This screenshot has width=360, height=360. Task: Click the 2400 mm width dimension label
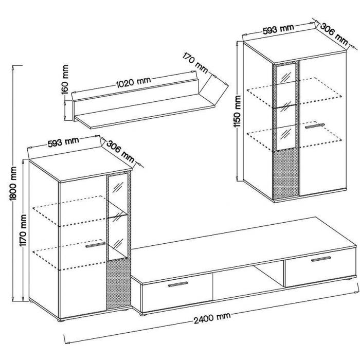point(212,318)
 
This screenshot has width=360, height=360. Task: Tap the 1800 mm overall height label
point(13,184)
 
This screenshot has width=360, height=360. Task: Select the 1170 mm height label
point(23,230)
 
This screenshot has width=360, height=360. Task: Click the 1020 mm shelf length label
point(133,82)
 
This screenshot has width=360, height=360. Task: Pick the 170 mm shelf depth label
point(195,63)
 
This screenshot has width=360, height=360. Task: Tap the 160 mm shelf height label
point(65,79)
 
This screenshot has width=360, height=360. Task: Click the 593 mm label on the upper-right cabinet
point(278,29)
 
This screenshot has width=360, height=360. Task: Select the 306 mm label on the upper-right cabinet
point(334,34)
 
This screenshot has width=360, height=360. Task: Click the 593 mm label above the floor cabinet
point(63,142)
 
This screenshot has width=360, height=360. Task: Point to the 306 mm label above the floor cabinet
point(120,152)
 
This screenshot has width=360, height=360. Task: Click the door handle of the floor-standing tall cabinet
point(95,245)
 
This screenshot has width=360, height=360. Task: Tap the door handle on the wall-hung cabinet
point(315,126)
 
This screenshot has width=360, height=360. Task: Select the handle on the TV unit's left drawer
point(178,284)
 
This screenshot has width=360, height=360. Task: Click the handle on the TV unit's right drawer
point(321,259)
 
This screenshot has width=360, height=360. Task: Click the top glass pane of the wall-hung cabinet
point(285,73)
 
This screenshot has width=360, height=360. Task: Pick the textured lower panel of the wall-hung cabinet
point(286,173)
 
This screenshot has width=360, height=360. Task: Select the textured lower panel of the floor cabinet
point(119,284)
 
